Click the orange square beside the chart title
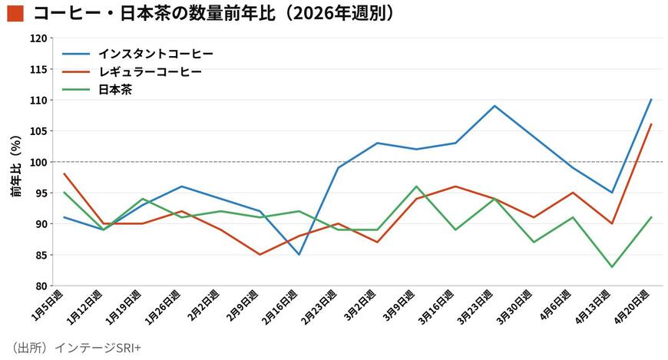(x=15, y=13)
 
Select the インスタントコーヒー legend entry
(x=137, y=54)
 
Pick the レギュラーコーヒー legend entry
(x=132, y=71)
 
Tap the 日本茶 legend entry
(x=98, y=90)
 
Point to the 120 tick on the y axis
(x=38, y=38)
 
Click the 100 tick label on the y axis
(x=38, y=162)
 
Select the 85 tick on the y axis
(x=41, y=255)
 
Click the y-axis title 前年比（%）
(x=16, y=166)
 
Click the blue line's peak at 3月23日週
(x=494, y=106)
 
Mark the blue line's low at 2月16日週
(x=299, y=254)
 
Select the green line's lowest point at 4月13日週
(x=612, y=267)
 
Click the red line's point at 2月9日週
(x=260, y=255)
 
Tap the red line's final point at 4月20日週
(x=651, y=124)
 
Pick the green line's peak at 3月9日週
(x=416, y=187)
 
